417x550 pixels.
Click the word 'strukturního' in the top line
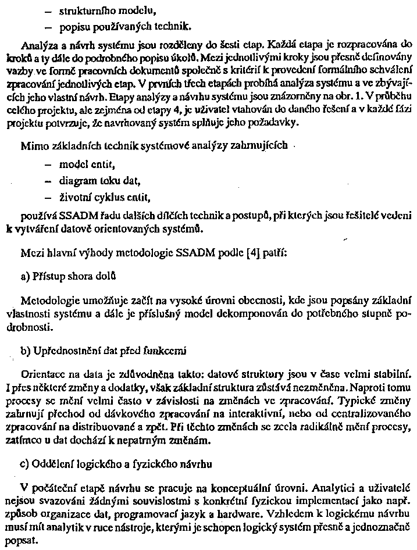tap(85, 10)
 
